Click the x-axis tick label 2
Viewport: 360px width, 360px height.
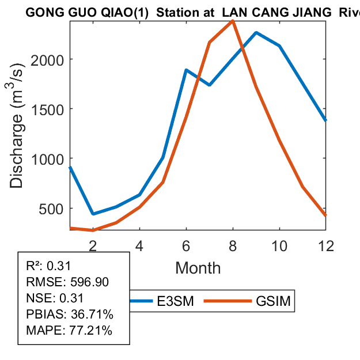point(93,245)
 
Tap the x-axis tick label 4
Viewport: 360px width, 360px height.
point(139,245)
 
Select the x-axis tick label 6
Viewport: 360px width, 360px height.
point(186,245)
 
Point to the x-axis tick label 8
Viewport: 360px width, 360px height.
point(233,245)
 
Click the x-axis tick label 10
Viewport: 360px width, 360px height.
point(279,245)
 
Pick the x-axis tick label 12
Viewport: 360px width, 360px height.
point(325,245)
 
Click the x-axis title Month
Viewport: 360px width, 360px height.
point(198,268)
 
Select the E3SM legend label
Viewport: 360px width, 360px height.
point(172,301)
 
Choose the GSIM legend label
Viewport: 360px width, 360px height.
point(272,301)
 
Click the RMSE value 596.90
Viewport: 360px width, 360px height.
point(89,282)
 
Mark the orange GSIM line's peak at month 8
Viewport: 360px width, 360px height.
point(232,21)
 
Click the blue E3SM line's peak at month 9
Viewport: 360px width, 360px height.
point(256,33)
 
